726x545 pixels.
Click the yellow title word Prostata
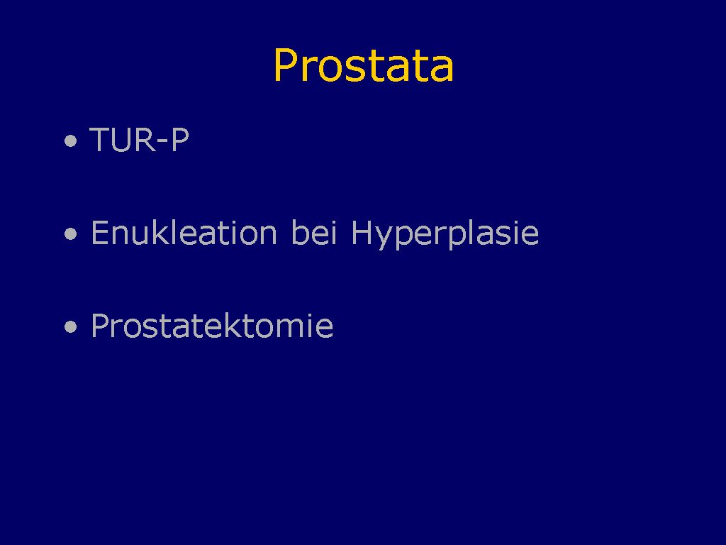364,65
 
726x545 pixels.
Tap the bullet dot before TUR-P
70,141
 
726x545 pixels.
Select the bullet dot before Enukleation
70,233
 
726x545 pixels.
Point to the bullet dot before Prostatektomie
70,326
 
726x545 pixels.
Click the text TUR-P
140,139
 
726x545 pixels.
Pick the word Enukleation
184,232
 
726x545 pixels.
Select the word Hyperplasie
445,234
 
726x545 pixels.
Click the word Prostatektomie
212,325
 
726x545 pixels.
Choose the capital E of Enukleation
100,232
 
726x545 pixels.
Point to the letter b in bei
299,232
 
